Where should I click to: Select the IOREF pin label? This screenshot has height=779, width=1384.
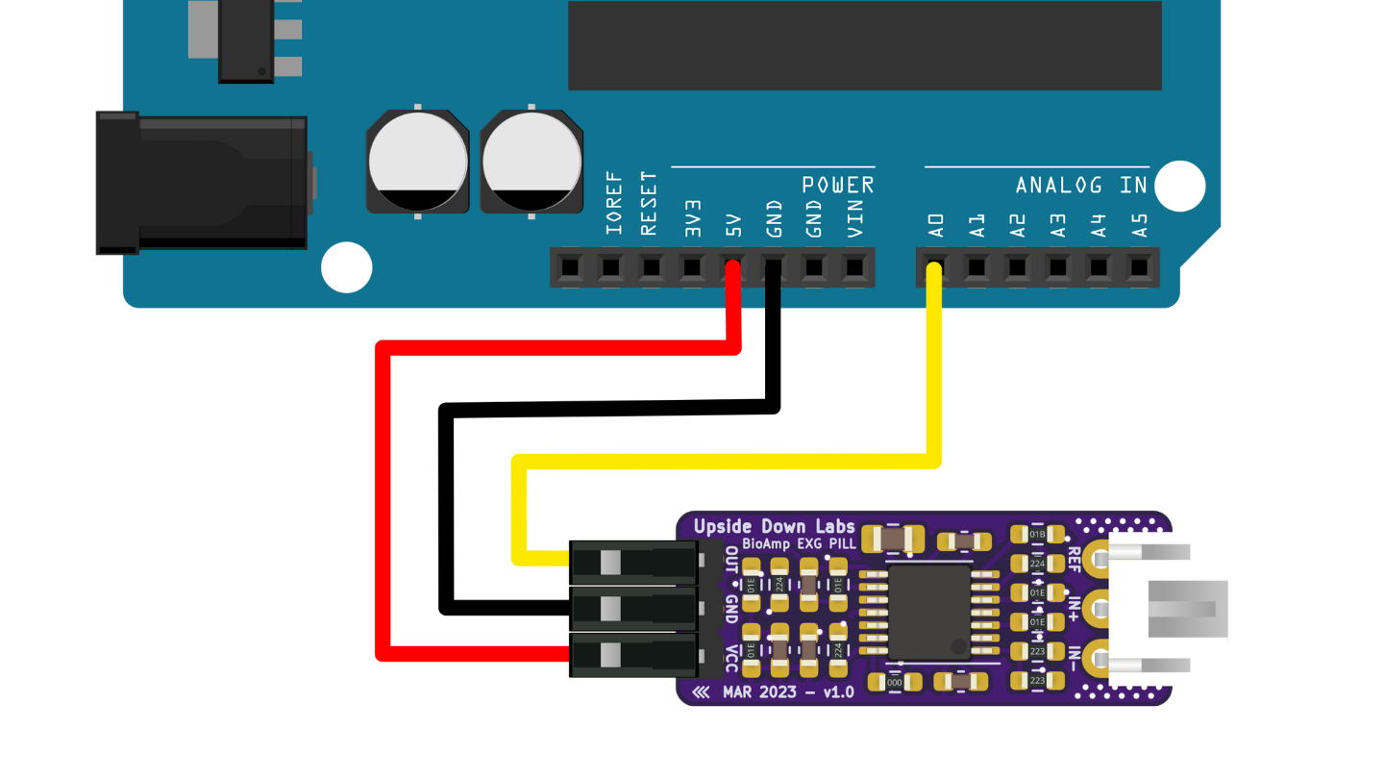(613, 203)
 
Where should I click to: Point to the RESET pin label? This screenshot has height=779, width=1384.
(649, 203)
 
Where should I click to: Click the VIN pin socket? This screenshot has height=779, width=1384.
(854, 266)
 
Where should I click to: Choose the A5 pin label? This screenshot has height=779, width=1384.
(1140, 225)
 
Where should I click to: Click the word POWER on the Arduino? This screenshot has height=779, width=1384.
(838, 185)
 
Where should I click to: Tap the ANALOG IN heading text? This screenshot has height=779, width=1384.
(1081, 185)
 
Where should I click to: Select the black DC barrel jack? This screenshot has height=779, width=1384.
(202, 183)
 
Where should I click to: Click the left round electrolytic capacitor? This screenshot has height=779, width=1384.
(418, 161)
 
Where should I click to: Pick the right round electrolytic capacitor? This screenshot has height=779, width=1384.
(531, 161)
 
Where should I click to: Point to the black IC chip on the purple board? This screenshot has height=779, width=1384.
(929, 612)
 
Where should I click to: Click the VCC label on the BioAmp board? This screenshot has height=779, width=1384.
(731, 656)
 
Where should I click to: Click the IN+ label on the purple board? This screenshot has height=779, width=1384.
(1075, 607)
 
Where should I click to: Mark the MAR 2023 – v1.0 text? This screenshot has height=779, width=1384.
(786, 691)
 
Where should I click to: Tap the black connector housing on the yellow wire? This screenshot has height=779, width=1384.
(632, 560)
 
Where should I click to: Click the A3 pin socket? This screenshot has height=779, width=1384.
(1058, 266)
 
